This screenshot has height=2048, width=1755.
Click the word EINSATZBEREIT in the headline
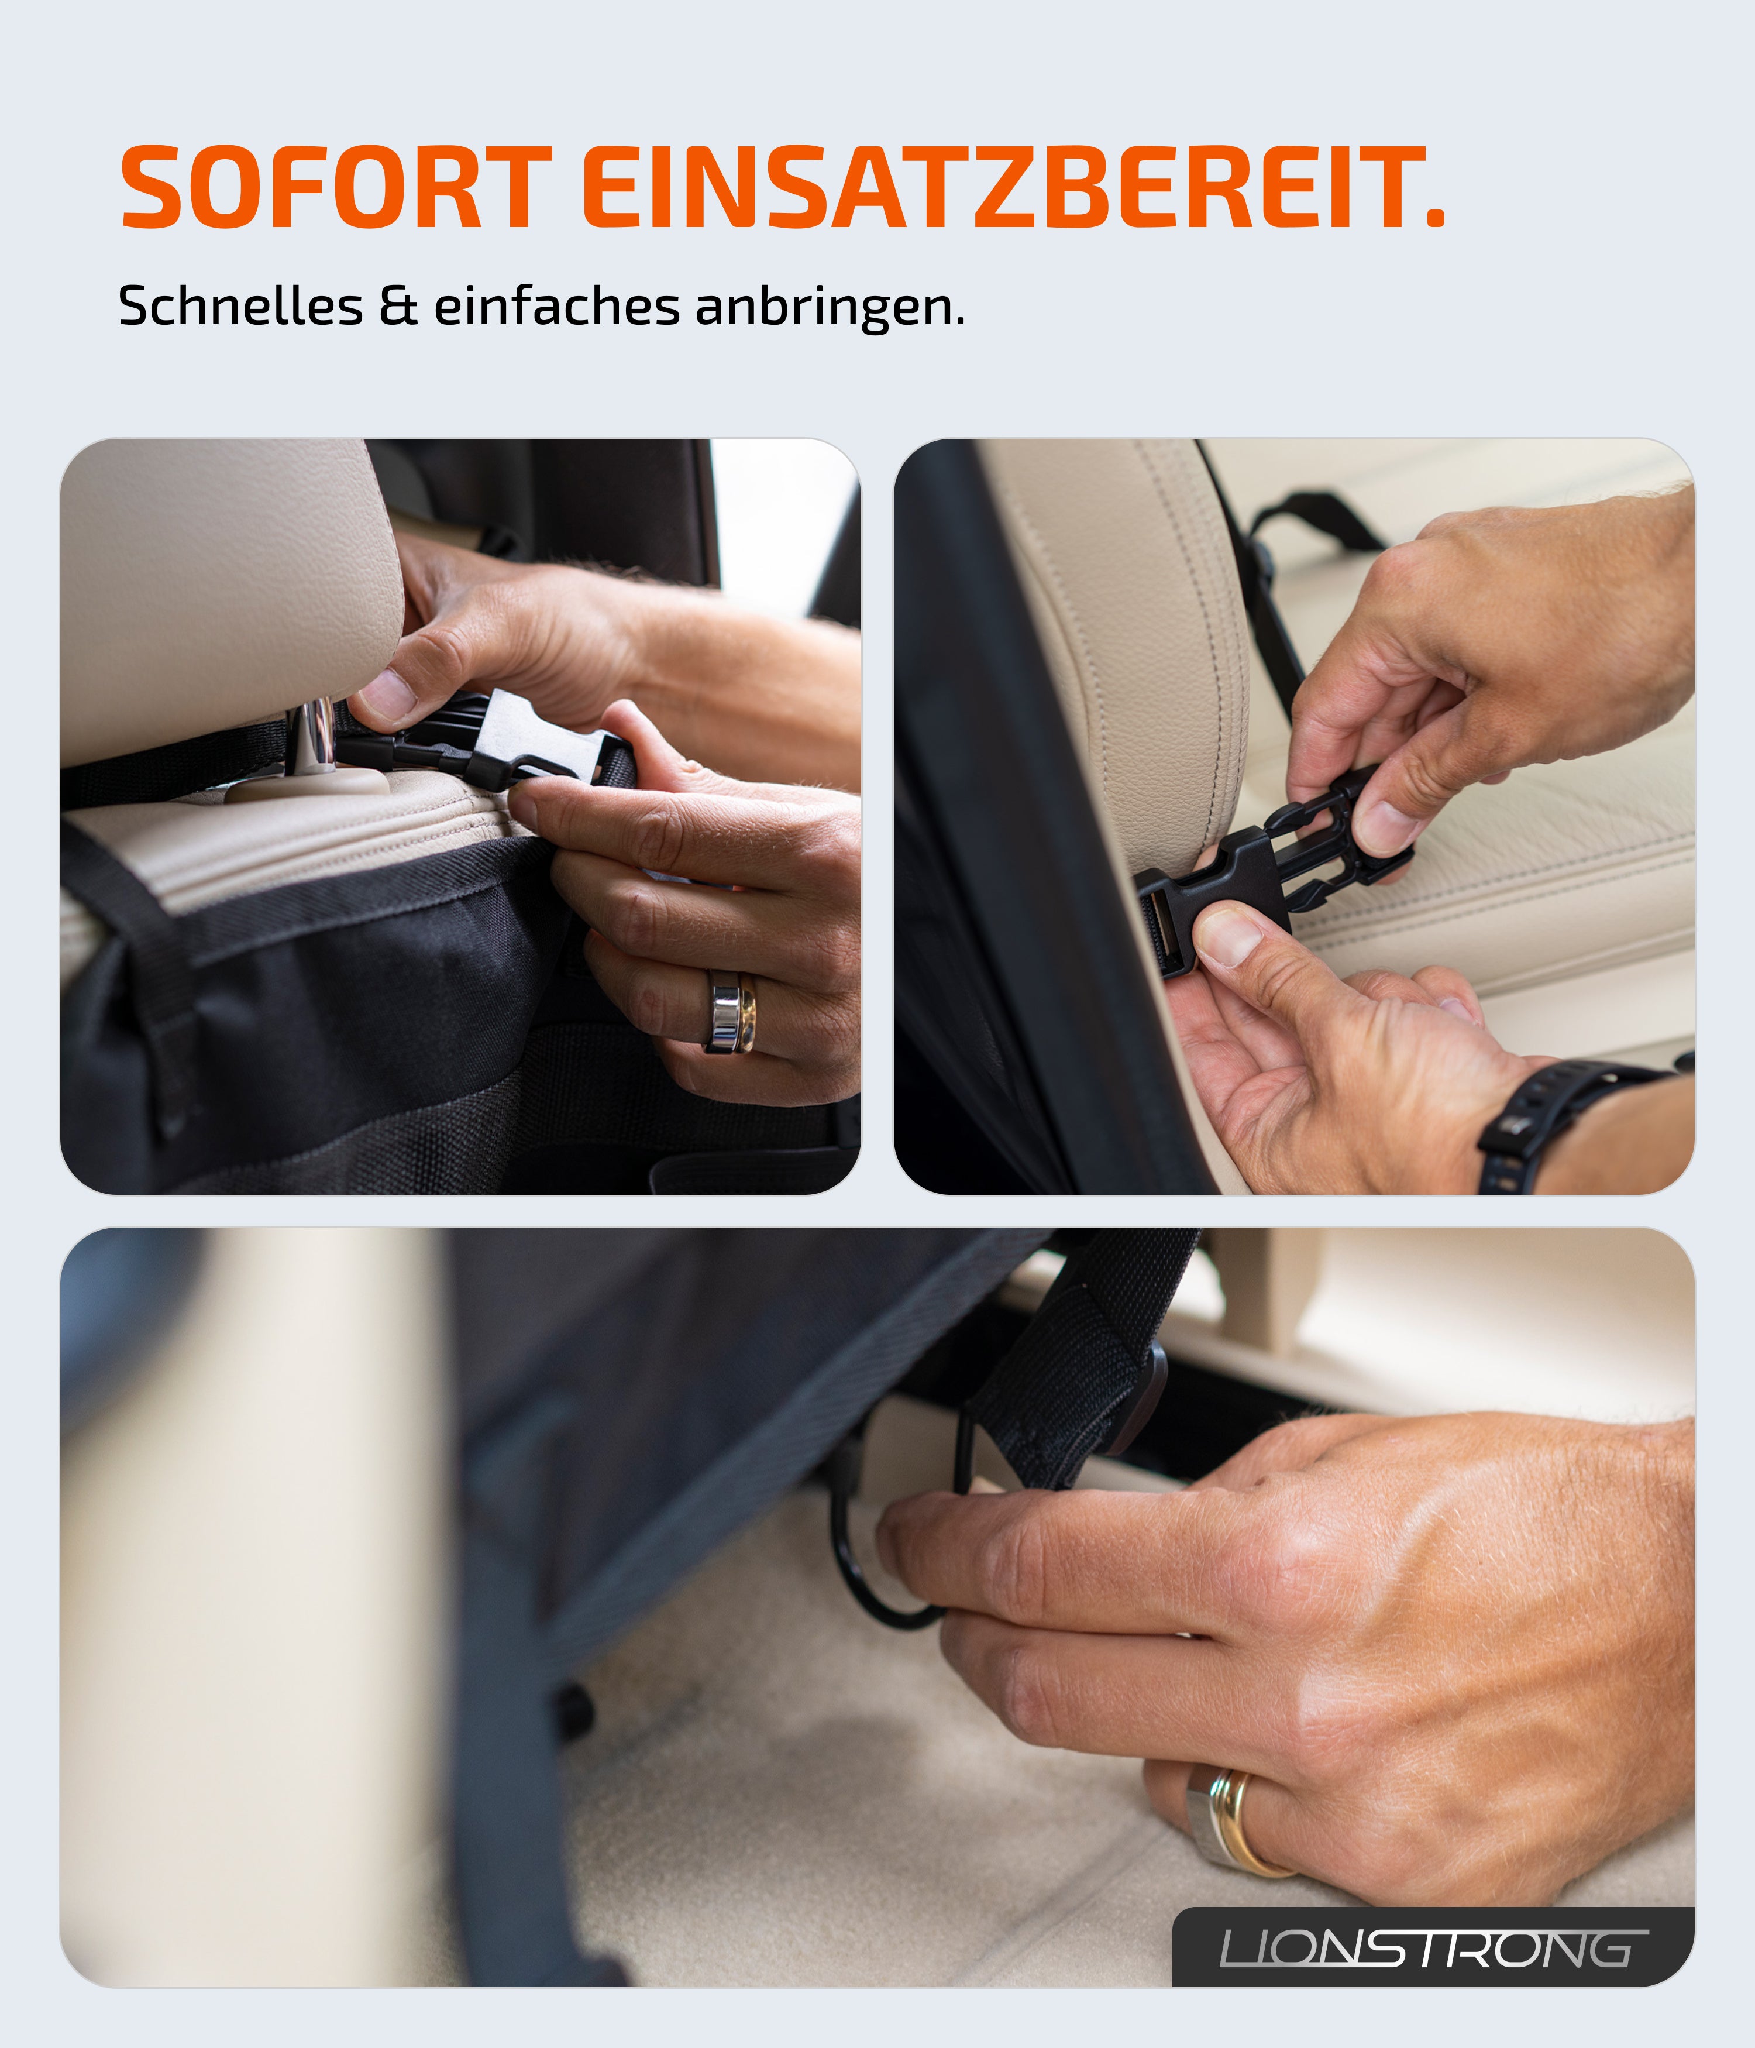tap(998, 188)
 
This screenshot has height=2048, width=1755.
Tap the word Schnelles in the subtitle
tap(240, 307)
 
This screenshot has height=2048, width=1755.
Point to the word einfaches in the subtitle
tap(556, 307)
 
